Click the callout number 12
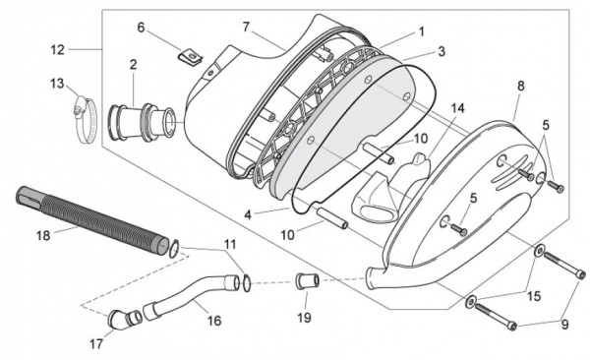point(57,48)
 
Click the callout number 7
point(246,26)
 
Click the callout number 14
point(457,107)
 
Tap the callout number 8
point(520,87)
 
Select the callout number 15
point(534,294)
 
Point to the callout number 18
point(42,235)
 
